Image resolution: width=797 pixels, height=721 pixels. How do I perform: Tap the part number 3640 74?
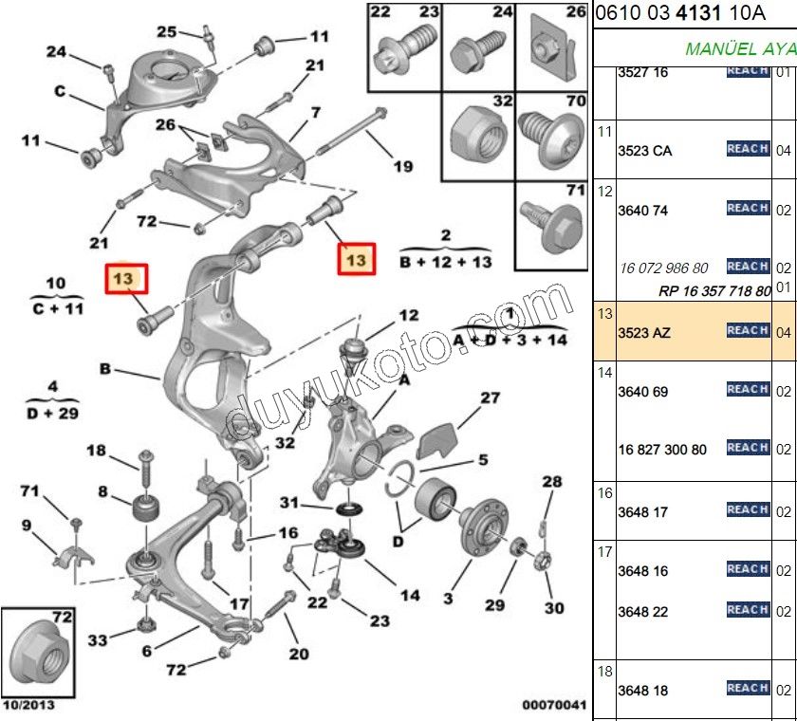642,211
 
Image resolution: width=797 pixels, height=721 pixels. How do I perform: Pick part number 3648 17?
642,512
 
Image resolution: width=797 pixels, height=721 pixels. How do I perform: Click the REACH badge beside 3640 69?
748,389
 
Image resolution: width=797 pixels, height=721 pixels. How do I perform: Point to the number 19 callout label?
403,167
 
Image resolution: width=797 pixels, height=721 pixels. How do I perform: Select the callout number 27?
490,398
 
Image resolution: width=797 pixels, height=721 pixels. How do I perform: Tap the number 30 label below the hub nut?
554,608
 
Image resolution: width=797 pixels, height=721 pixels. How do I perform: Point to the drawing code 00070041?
554,705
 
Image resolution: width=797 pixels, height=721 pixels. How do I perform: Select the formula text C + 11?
56,308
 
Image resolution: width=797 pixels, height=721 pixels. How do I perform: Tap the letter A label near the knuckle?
403,380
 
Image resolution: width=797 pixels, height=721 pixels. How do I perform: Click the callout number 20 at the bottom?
299,654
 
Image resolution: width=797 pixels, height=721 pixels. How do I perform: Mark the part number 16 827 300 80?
662,450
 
